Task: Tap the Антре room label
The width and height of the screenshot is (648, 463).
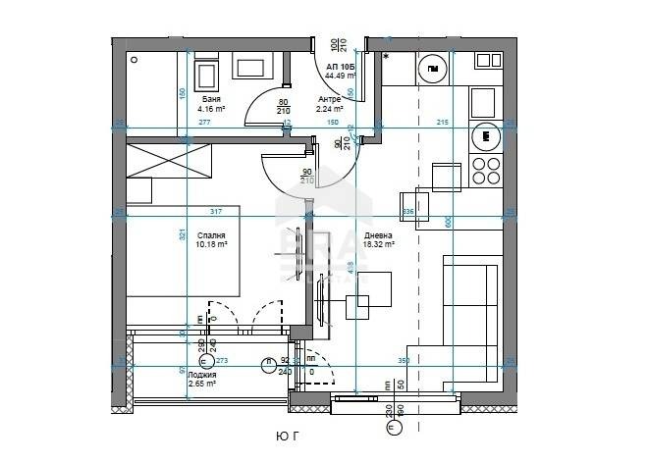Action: pyautogui.click(x=328, y=99)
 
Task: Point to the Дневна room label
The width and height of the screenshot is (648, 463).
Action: pyautogui.click(x=377, y=235)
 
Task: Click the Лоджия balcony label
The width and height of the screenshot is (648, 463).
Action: pyautogui.click(x=201, y=375)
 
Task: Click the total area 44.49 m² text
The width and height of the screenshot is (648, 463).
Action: pyautogui.click(x=340, y=75)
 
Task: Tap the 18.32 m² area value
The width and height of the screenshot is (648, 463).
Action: pyautogui.click(x=378, y=245)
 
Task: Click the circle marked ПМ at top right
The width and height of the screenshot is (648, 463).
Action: pyautogui.click(x=432, y=69)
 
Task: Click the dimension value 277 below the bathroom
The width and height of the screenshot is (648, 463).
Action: pyautogui.click(x=204, y=124)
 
